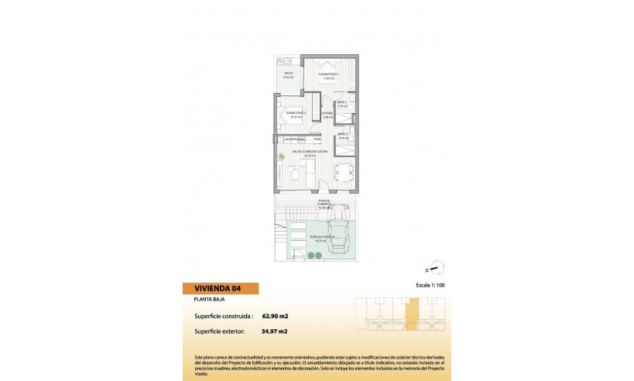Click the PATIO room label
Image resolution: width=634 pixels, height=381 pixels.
(x=288, y=75)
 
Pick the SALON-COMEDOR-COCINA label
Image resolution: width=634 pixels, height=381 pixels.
(x=311, y=152)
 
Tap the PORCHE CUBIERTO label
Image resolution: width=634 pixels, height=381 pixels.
(x=324, y=204)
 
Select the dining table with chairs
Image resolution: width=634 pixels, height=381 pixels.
(x=341, y=172)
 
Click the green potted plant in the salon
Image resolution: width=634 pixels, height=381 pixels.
(x=282, y=159)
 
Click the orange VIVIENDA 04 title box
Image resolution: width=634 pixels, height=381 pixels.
(x=221, y=289)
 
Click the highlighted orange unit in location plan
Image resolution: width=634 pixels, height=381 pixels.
(x=412, y=315)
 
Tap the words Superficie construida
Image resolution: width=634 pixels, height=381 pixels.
(x=219, y=316)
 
